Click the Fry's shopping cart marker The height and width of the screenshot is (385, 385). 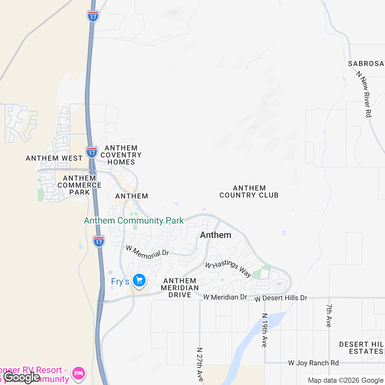coord(139,281)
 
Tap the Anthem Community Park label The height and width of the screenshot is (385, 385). coord(134,220)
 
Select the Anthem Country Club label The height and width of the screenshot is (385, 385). coord(249,192)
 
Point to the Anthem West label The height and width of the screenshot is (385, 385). coord(54,158)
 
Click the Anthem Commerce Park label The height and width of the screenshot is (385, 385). coord(79,185)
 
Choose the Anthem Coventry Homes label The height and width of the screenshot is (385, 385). coord(121,155)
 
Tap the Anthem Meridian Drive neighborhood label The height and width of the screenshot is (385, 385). coord(180,288)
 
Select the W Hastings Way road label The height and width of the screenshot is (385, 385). coord(228,268)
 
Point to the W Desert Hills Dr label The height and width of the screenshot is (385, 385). coord(281,298)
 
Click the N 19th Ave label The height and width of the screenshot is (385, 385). coord(264,330)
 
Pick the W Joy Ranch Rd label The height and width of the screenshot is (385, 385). coord(313,363)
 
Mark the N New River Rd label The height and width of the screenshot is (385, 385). coord(364,94)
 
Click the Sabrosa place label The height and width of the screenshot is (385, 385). coord(366,64)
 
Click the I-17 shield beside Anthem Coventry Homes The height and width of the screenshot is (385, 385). coord(92,152)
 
